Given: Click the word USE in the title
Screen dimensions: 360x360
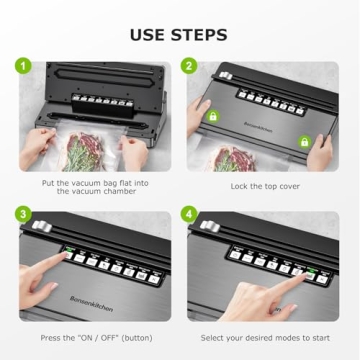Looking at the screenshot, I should (150, 34).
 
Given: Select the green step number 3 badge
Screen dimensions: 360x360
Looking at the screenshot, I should (20, 214).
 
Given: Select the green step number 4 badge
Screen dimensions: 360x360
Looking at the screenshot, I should (190, 214).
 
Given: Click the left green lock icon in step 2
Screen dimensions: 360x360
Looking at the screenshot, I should (212, 117).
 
